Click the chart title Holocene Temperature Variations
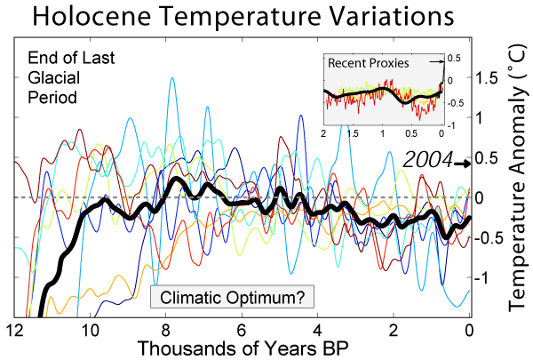(243, 16)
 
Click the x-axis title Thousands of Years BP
(243, 348)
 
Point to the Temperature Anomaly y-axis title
(518, 178)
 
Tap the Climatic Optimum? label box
(233, 297)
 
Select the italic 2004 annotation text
(428, 160)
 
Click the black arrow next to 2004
(463, 164)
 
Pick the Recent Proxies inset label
(368, 63)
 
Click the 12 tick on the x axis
(14, 330)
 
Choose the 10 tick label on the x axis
(90, 330)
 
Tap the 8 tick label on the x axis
(166, 330)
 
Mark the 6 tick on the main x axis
(242, 330)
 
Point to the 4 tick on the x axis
(317, 330)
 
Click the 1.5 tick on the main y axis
(486, 78)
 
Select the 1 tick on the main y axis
(479, 118)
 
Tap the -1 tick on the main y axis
(481, 278)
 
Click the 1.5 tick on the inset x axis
(353, 133)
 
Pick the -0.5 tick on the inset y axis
(456, 103)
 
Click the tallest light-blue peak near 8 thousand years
(172, 78)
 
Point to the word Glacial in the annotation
(53, 78)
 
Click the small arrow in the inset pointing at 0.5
(436, 61)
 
